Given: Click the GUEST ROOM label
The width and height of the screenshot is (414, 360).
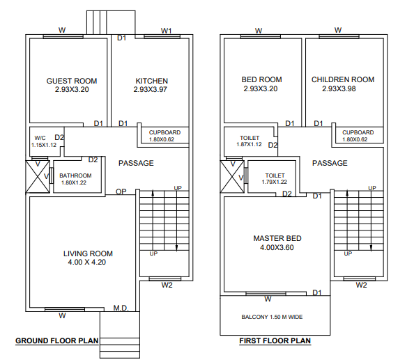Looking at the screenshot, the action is [x=72, y=81].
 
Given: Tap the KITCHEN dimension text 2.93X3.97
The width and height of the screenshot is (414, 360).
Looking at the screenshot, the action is [x=151, y=89].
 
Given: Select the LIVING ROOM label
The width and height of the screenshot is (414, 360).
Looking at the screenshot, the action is [x=88, y=253].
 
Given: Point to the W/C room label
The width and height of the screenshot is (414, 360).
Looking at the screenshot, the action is [x=40, y=138].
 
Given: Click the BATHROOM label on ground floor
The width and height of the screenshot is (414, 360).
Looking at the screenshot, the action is [x=75, y=175].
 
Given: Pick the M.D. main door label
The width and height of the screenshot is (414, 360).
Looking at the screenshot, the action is [x=121, y=308].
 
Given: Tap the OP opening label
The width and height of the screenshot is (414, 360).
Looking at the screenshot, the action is [x=121, y=191].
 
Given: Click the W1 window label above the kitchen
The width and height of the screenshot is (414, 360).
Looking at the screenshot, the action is [x=167, y=31].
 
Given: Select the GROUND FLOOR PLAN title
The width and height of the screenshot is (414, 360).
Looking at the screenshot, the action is [x=56, y=341].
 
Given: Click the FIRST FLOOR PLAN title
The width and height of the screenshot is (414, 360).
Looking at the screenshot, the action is [x=275, y=341].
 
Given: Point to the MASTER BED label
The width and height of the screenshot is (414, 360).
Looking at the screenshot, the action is [x=277, y=238].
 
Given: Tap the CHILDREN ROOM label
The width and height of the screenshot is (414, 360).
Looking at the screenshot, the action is [x=343, y=79].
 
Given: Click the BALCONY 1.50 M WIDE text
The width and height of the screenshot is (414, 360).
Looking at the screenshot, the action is [x=272, y=317].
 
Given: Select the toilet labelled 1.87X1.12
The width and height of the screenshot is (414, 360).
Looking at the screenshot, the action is [x=250, y=141].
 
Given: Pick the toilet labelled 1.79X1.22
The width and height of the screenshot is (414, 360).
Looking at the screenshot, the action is [x=275, y=178].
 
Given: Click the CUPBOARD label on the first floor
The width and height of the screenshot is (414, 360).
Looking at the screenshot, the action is [x=358, y=132].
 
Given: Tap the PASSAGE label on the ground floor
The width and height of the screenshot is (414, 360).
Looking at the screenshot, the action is [x=136, y=163].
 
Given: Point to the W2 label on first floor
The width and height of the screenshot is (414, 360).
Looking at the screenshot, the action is [x=361, y=285].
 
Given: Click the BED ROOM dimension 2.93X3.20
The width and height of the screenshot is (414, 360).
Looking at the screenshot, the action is [x=261, y=88].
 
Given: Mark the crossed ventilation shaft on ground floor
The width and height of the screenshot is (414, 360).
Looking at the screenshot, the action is [x=38, y=177].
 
